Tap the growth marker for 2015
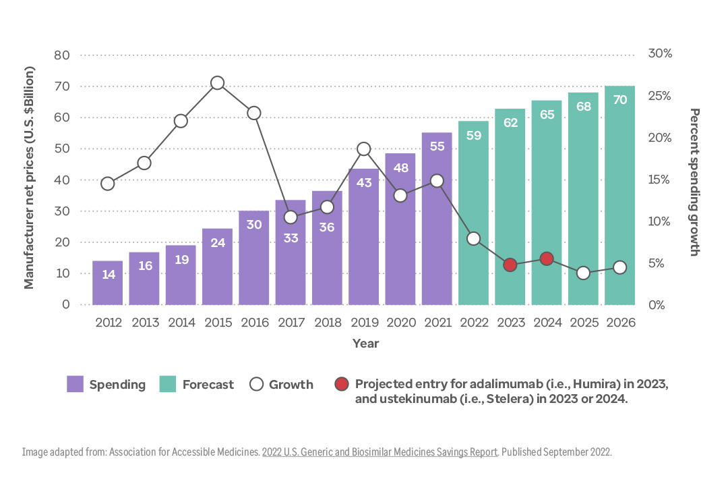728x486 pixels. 217,83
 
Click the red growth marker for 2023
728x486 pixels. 510,265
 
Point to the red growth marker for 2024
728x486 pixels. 547,259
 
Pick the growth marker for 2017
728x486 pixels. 291,217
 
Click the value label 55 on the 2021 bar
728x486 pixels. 437,146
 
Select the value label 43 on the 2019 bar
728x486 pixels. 364,182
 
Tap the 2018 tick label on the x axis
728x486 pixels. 328,323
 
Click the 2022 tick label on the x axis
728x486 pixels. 474,323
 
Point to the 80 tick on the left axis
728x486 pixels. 61,55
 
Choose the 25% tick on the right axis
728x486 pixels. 659,96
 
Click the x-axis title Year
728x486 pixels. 365,344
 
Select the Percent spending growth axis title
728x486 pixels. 695,182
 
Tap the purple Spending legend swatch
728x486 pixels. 75,385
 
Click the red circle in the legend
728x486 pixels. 342,384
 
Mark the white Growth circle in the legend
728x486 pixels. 255,384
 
